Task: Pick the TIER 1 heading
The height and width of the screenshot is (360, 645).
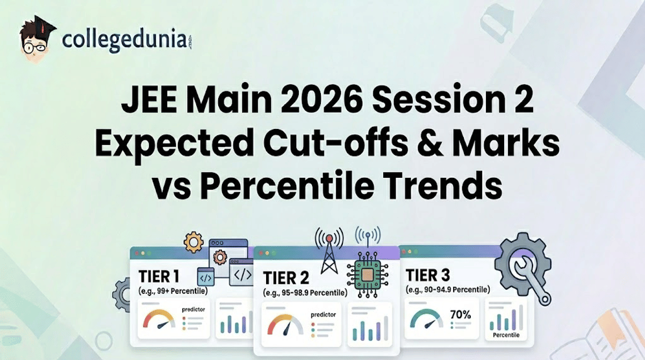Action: [x=160, y=277]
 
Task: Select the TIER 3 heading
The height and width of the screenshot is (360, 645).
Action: [x=428, y=276]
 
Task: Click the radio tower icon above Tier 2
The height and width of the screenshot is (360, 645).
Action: [x=329, y=253]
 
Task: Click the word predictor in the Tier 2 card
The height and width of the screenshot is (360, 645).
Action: [x=323, y=315]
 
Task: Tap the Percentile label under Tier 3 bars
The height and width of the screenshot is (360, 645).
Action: [x=506, y=335]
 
